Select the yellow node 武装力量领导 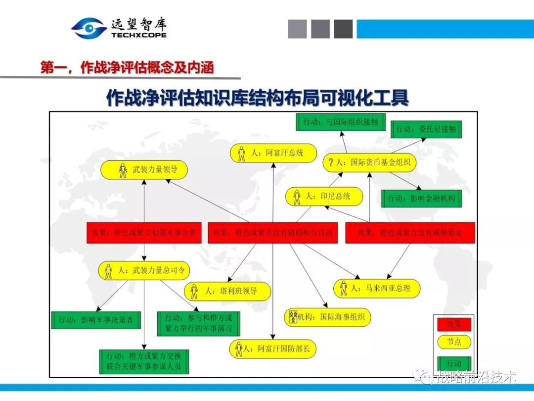[144, 170]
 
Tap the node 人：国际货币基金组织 [369, 162]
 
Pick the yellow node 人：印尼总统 [324, 196]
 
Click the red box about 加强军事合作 [144, 233]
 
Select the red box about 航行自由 [272, 233]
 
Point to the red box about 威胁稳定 [410, 233]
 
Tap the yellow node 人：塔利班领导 [227, 291]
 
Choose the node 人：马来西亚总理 [377, 288]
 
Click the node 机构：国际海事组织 [327, 317]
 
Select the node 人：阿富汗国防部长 [272, 349]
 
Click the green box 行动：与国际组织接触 [341, 122]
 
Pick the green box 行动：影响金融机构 [421, 198]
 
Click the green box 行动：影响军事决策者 [96, 320]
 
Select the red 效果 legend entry [454, 325]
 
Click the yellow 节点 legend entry [454, 342]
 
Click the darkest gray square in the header [343, 29]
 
